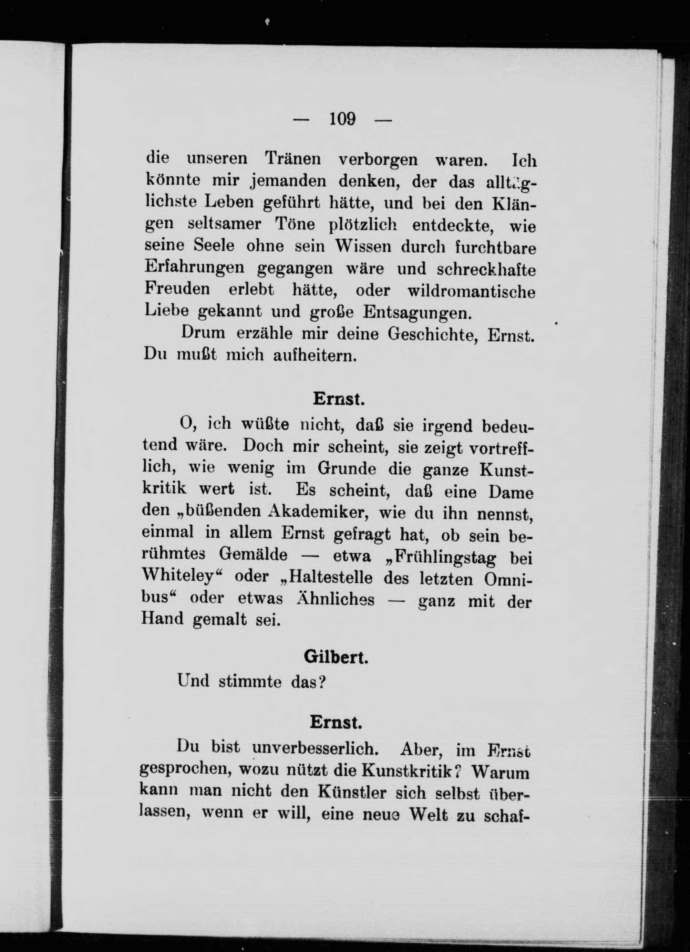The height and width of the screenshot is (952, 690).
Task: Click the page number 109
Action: pyautogui.click(x=343, y=119)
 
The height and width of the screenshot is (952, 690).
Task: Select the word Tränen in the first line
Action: pyautogui.click(x=293, y=159)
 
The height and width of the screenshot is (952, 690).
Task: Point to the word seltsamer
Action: pyautogui.click(x=225, y=224)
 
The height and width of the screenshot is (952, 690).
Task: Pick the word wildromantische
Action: pyautogui.click(x=472, y=291)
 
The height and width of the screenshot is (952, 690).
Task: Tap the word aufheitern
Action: pyautogui.click(x=315, y=355)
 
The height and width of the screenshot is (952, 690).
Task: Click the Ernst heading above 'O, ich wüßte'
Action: pyautogui.click(x=338, y=399)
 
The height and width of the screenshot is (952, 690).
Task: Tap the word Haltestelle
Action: pyautogui.click(x=330, y=578)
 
